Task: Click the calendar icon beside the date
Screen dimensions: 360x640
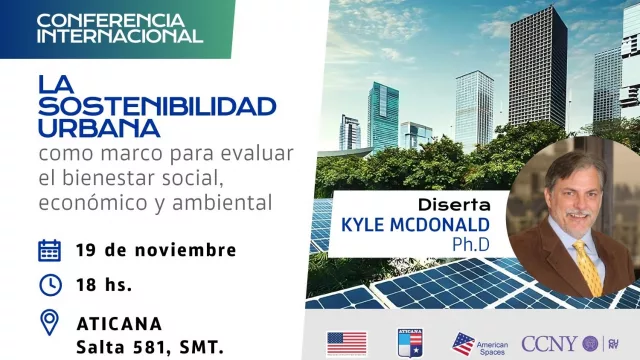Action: click(x=49, y=250)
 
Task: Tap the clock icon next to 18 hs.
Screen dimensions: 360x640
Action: click(x=49, y=284)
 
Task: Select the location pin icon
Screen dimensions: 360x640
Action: click(x=49, y=322)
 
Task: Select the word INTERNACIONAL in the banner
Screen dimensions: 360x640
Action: click(x=119, y=37)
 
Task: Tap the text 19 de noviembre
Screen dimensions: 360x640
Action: click(x=156, y=250)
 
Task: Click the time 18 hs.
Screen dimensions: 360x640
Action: click(x=105, y=284)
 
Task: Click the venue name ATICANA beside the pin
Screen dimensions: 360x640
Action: click(x=122, y=322)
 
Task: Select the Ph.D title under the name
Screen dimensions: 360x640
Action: click(x=480, y=245)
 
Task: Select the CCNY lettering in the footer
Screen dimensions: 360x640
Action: click(x=550, y=344)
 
